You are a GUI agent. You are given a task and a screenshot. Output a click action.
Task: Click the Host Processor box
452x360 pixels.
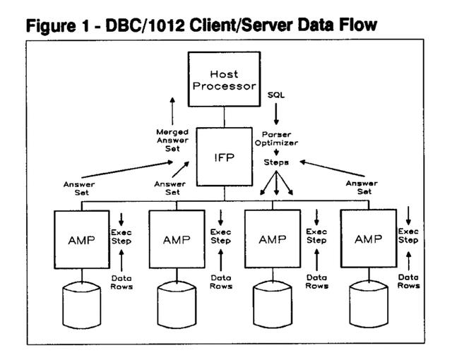point(225,79)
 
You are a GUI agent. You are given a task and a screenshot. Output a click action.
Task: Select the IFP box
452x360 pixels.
point(225,157)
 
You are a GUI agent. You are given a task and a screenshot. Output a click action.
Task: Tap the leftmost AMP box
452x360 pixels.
point(82,239)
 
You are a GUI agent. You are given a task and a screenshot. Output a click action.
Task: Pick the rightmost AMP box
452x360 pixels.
point(369,239)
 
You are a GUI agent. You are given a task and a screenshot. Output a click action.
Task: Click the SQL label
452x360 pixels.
point(276,95)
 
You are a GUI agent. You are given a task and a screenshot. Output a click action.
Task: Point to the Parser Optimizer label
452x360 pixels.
point(276,138)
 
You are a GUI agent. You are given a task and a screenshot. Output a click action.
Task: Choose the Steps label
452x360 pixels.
point(276,162)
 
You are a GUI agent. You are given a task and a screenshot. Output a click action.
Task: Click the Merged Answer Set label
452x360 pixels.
point(172,140)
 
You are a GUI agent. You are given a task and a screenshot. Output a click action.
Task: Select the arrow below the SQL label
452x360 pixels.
point(276,114)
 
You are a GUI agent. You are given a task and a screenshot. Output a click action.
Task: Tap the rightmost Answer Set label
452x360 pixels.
point(362,187)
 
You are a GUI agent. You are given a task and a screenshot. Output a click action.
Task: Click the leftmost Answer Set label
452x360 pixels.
point(79,188)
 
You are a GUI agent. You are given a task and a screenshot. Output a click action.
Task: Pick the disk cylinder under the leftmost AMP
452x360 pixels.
point(82,305)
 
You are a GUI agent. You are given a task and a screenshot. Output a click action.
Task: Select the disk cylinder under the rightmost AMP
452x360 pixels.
point(369,304)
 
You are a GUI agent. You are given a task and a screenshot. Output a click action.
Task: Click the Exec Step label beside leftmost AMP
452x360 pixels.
point(121,236)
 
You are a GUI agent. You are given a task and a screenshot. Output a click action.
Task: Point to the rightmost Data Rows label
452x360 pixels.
point(408,282)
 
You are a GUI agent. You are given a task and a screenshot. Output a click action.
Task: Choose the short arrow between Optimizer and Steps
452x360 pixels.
point(276,152)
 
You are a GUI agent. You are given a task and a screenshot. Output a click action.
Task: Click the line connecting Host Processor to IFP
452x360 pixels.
point(225,117)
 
